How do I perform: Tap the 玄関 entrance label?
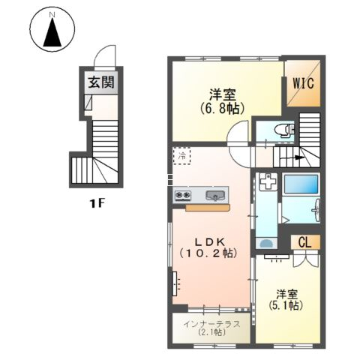pos(101,82)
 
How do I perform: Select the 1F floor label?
pos(97,204)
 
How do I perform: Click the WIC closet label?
pos(303,83)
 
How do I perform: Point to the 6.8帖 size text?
pos(222,109)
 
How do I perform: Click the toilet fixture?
pos(284,130)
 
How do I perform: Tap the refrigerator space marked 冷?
pos(182,156)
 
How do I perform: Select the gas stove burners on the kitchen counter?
pos(183,195)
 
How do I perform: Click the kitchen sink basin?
pos(215,196)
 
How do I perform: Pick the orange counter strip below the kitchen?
pos(208,208)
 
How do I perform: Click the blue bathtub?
pos(301,184)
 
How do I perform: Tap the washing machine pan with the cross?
pos(268,181)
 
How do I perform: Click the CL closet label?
pos(304,242)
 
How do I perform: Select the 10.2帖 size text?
pos(208,253)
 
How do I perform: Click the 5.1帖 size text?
pos(286,305)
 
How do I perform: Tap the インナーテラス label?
pos(211,324)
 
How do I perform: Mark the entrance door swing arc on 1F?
pos(103,50)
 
